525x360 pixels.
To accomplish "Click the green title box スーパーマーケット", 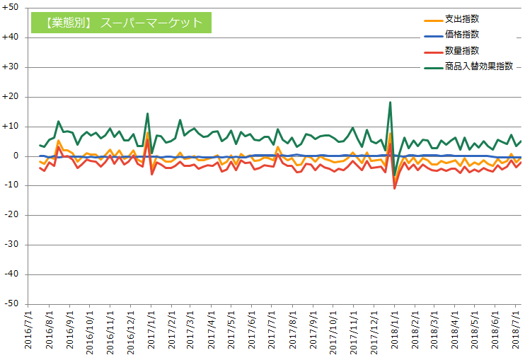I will (x=122, y=23).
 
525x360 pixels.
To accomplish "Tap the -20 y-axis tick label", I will (x=11, y=215).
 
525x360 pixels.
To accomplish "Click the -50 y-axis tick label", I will (x=11, y=303).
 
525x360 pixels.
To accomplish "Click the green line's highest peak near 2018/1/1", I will (x=390, y=103).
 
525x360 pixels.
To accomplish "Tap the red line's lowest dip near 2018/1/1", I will (x=395, y=188).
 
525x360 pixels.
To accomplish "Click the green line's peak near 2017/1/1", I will (x=147, y=113).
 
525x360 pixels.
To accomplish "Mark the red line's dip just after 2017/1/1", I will (x=151, y=174).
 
